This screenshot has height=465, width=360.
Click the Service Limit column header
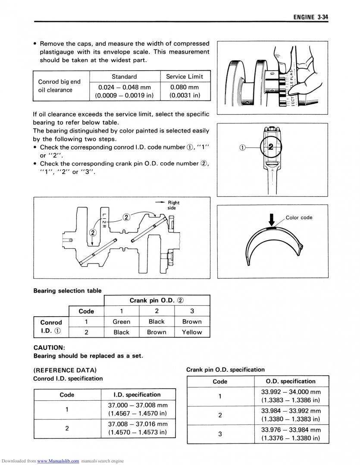tap(185, 76)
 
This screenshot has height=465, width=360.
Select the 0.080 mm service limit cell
tap(185, 91)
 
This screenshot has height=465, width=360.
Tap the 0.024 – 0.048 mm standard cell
tap(124, 91)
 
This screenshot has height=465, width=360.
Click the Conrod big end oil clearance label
tap(59, 86)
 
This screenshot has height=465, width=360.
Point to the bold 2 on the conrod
tap(271, 147)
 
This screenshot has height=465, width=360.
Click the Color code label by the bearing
tap(299, 217)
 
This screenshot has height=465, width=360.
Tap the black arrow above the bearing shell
tap(271, 218)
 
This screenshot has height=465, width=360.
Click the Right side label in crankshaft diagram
tap(173, 205)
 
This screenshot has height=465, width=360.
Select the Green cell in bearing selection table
tap(121, 322)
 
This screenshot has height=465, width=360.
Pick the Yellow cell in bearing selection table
tap(191, 333)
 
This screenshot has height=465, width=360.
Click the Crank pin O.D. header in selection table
tap(157, 300)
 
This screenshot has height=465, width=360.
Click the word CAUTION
tap(49, 347)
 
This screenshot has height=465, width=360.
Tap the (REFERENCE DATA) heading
tap(65, 370)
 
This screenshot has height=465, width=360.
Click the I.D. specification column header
tap(137, 395)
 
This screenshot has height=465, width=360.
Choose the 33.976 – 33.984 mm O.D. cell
tap(291, 434)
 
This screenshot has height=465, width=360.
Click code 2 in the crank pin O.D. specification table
tap(220, 415)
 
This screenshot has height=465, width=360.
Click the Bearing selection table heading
tap(68, 291)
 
